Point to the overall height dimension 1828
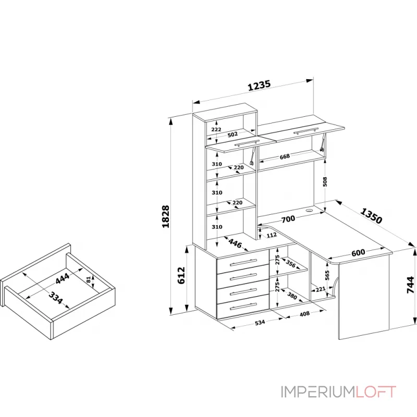tap(166, 216)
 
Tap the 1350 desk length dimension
tap(371, 216)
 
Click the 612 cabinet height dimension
tap(181, 275)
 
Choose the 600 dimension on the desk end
tap(358, 252)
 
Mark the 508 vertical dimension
tap(325, 181)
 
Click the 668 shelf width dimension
tap(285, 156)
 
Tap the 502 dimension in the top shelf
tap(233, 134)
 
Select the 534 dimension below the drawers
tap(259, 322)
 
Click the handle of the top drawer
tap(243, 262)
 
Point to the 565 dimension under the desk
tap(327, 275)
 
